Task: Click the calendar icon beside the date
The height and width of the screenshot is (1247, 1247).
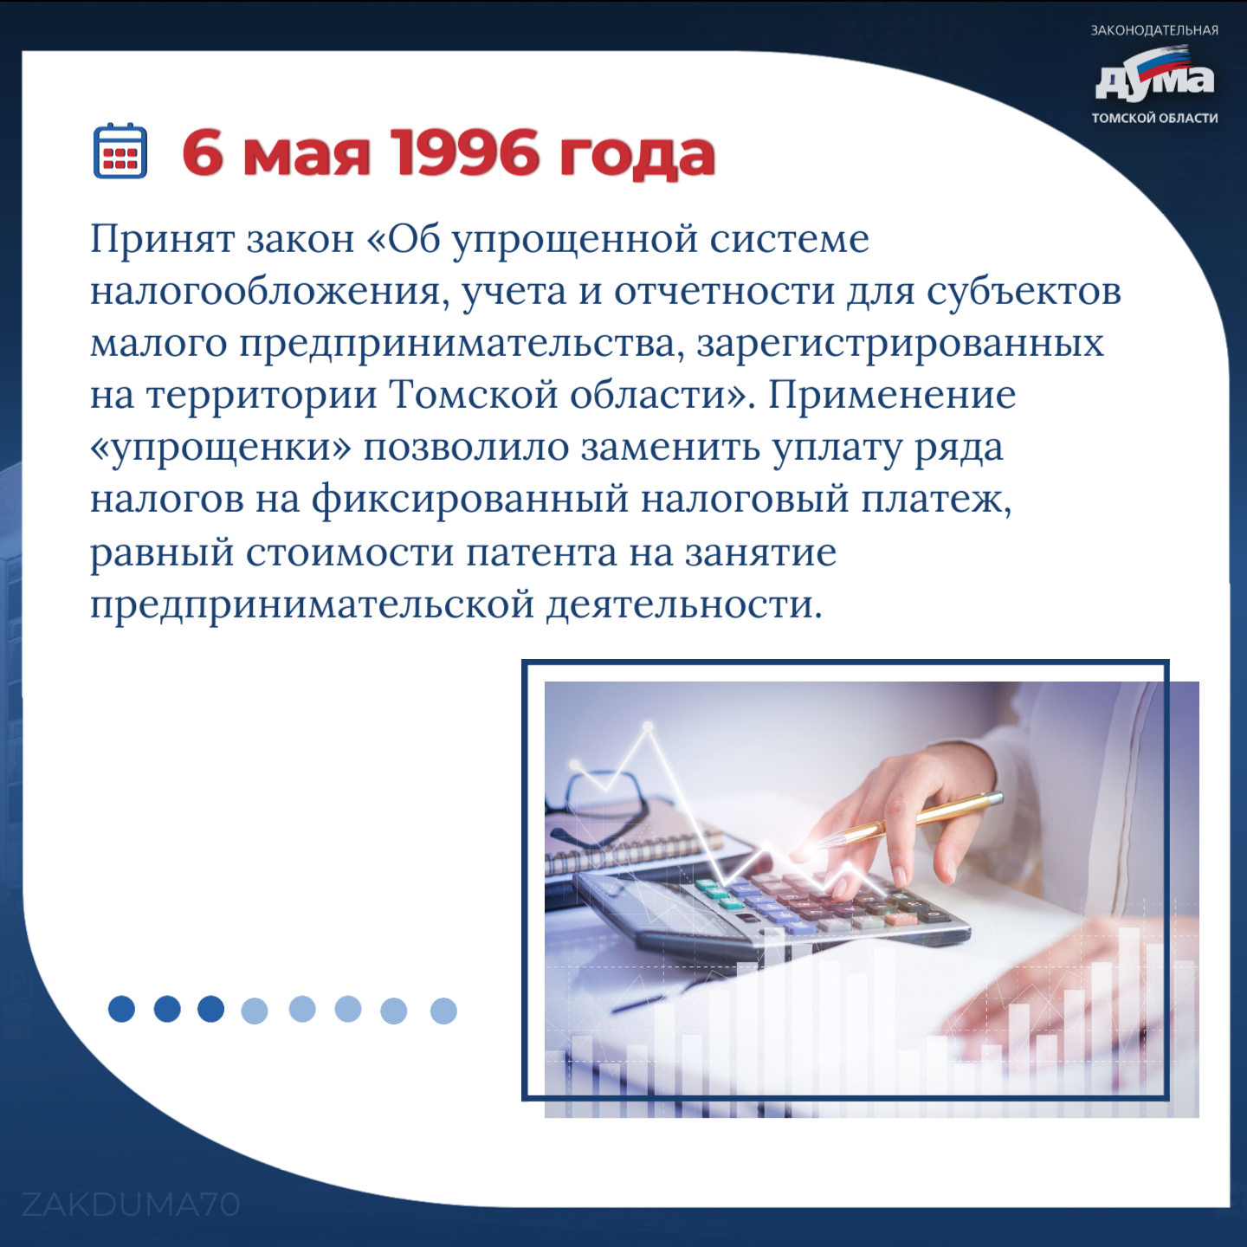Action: point(120,150)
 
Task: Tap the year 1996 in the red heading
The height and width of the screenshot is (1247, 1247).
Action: point(468,153)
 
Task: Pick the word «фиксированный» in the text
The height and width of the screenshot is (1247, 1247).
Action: point(470,500)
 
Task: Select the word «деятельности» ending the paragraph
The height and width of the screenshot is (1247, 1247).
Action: point(684,605)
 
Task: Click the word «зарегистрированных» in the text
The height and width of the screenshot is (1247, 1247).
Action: point(900,345)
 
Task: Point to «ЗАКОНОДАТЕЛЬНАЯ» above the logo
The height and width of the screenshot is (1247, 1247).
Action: point(1154,30)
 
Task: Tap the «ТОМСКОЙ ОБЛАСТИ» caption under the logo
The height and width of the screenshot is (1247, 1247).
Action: point(1154,118)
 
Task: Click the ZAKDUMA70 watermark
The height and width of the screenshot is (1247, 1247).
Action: point(131,1205)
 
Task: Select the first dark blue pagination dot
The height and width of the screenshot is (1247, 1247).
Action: point(121,1009)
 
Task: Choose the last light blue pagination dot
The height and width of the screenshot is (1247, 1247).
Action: point(443,1011)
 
